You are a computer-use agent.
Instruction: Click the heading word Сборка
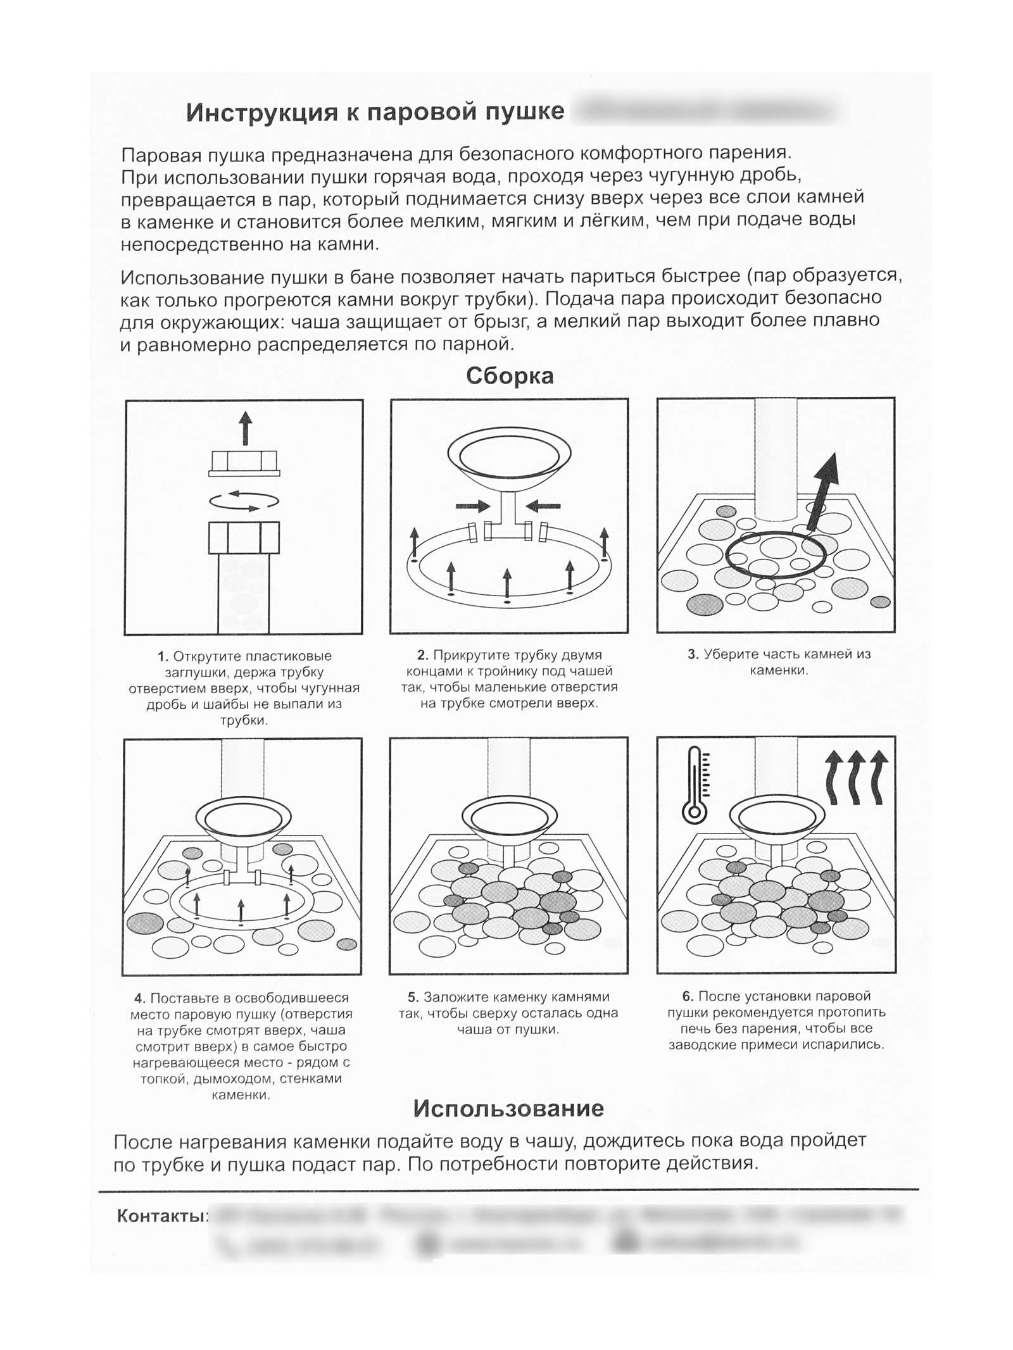point(510,376)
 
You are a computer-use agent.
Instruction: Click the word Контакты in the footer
point(162,1216)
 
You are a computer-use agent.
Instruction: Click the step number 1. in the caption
point(163,656)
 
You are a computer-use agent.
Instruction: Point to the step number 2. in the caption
point(423,655)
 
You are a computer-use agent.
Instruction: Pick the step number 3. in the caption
point(693,654)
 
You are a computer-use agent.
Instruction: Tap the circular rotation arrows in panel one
point(244,501)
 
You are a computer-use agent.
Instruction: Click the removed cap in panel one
point(244,463)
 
